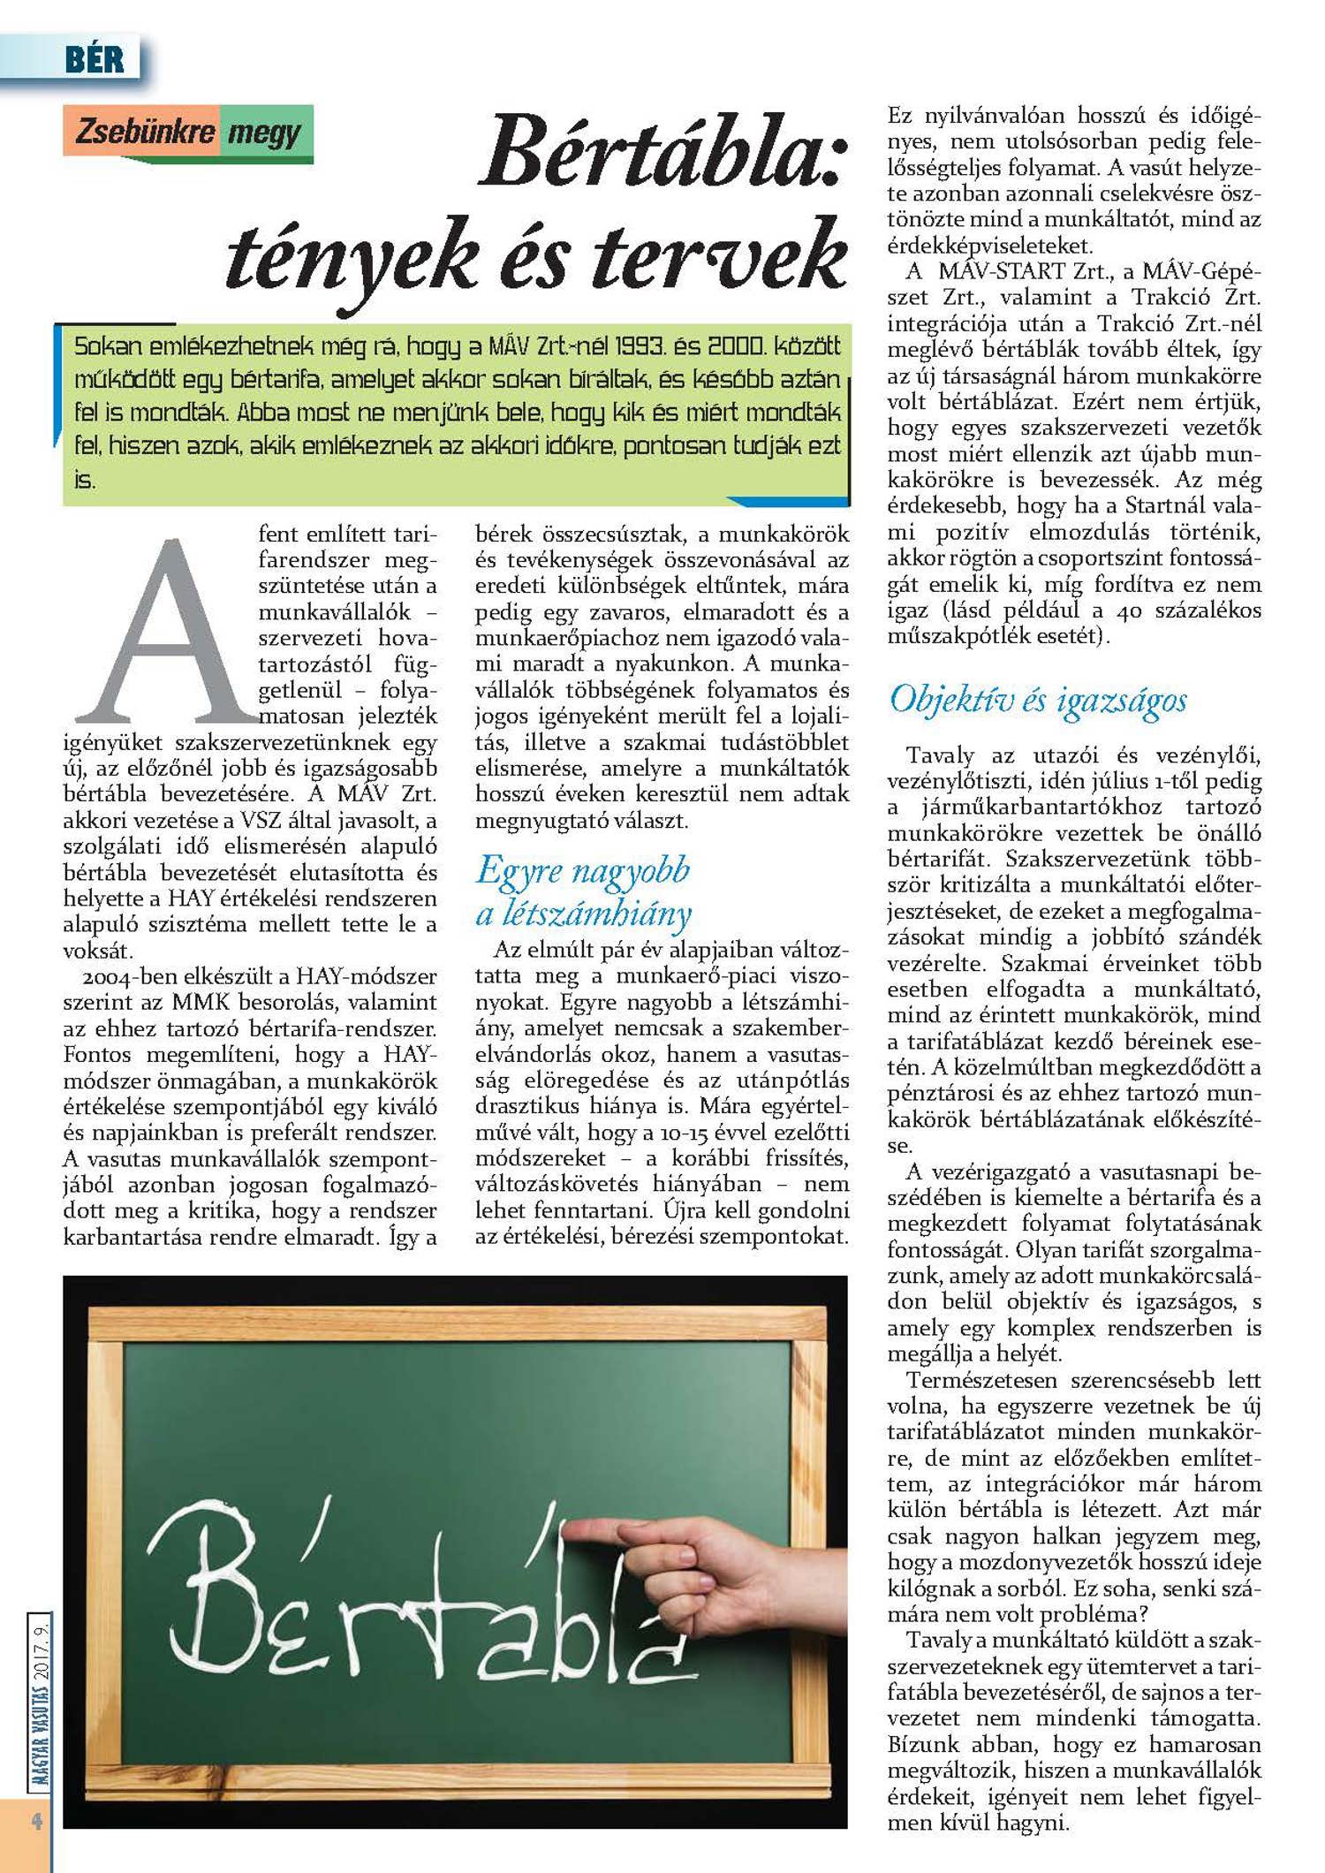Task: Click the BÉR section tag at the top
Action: click(x=95, y=60)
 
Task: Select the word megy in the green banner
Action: click(x=264, y=134)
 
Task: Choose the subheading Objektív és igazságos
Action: click(x=1038, y=700)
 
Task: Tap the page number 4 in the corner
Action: click(x=36, y=1821)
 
